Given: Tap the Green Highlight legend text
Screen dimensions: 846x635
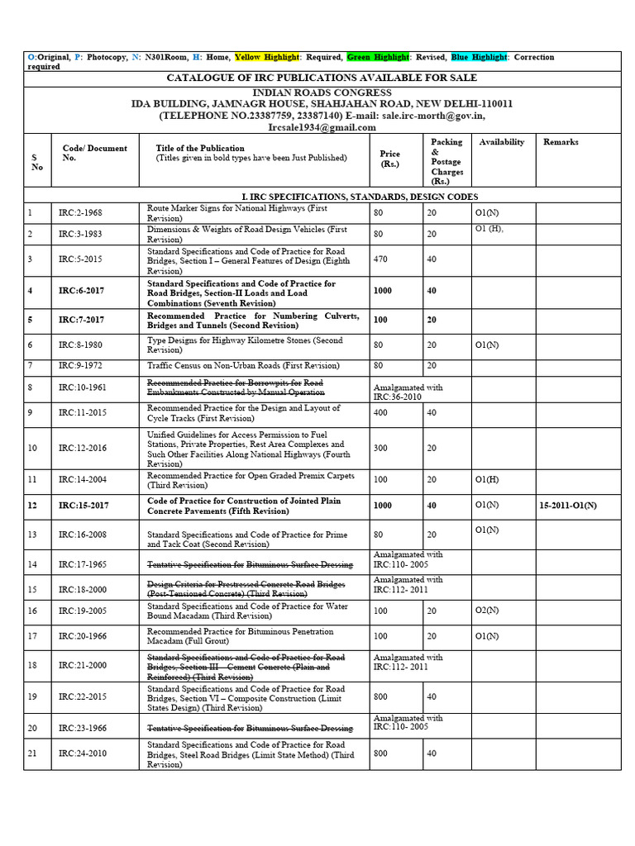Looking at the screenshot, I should (377, 57).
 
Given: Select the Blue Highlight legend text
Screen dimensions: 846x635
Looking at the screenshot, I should (479, 57).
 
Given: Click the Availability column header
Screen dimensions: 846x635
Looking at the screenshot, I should (501, 142).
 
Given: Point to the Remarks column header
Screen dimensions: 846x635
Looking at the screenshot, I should (561, 142).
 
